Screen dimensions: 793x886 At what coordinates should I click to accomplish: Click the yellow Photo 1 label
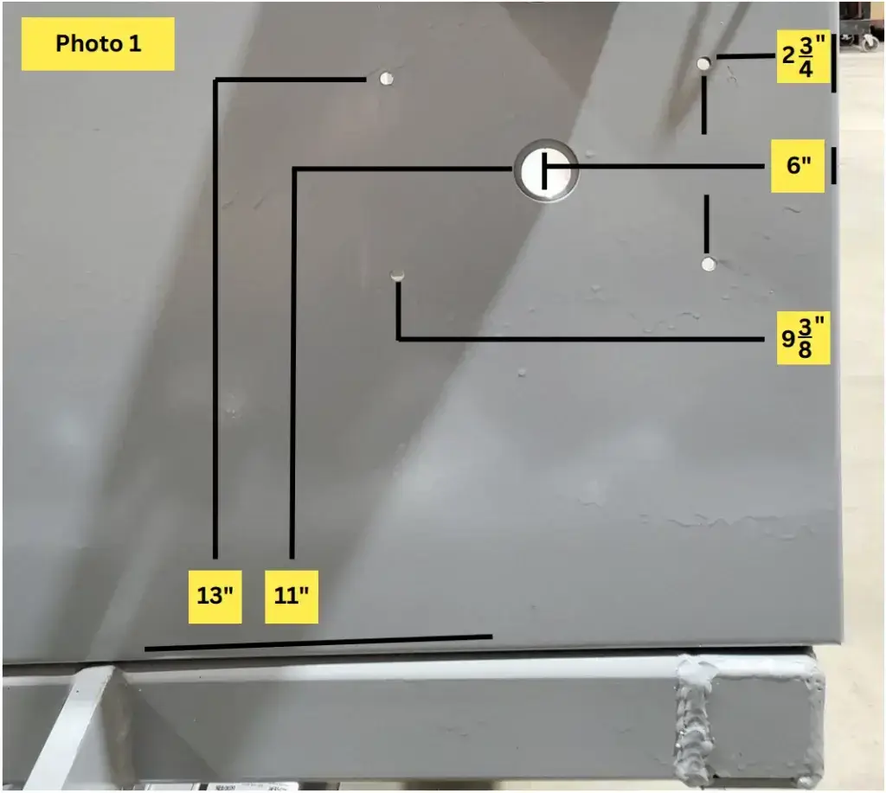(98, 43)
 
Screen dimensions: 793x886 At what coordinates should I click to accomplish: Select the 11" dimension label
(292, 596)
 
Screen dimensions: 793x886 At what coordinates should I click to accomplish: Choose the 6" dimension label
(798, 165)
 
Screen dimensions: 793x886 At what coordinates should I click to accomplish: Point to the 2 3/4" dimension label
(803, 56)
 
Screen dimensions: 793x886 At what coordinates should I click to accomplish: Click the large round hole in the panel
(546, 169)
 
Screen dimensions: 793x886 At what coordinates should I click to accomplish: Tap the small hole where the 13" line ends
(386, 79)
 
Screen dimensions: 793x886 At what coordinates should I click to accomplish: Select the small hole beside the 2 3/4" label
(704, 63)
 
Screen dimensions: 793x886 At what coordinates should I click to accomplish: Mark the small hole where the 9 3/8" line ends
(397, 276)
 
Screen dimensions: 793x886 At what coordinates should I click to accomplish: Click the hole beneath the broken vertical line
(709, 264)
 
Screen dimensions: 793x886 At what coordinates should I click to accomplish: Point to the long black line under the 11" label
(318, 643)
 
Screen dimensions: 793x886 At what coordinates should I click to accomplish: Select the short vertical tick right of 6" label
(834, 165)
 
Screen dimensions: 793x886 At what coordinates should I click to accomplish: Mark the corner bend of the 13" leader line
(215, 81)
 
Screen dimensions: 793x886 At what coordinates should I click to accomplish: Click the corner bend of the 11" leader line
(294, 169)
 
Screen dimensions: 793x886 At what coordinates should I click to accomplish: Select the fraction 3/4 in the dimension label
(806, 57)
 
